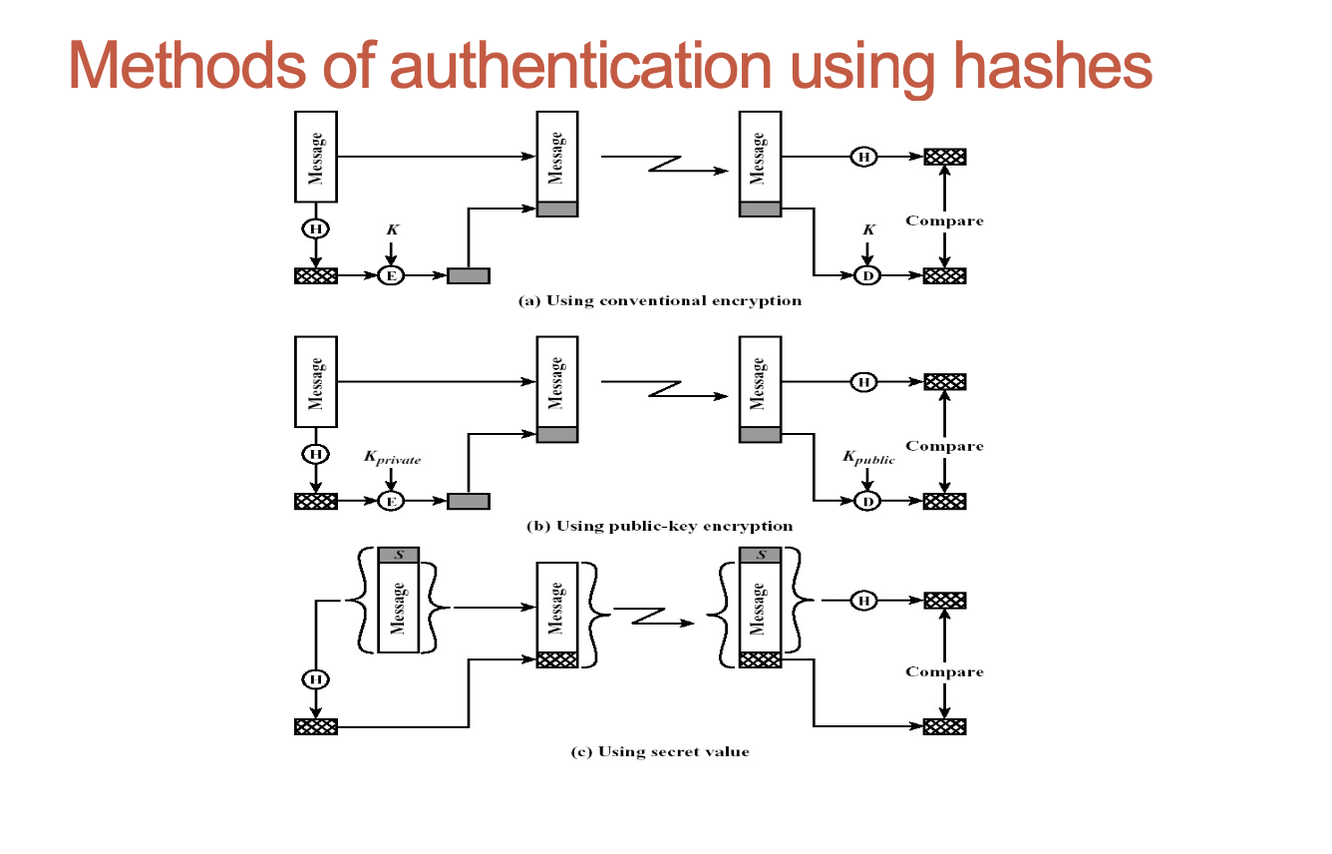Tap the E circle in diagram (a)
pos(391,275)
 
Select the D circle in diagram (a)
pos(867,275)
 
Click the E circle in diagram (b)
pos(391,501)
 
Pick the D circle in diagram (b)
pos(867,501)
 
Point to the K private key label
pos(392,459)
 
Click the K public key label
pos(868,458)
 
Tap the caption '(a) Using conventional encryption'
pos(659,300)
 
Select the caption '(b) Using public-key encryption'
pos(659,526)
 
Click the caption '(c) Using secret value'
pos(659,751)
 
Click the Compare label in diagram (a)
pos(944,220)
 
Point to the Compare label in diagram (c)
pos(944,671)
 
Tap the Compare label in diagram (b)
pos(944,446)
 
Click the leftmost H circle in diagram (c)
pos(315,679)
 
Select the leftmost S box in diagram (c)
pos(399,555)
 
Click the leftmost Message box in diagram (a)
pos(316,157)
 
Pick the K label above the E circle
pos(392,229)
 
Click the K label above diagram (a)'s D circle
pos(868,229)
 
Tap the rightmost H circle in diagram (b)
pos(863,381)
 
